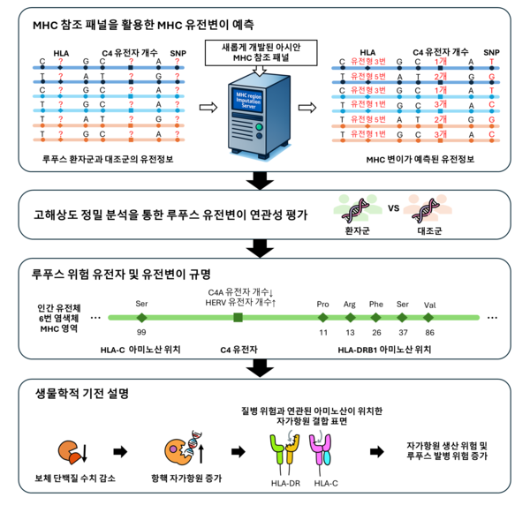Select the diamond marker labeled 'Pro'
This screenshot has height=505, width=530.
322,317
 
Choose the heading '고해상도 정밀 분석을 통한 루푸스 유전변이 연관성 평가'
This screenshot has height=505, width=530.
163,215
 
